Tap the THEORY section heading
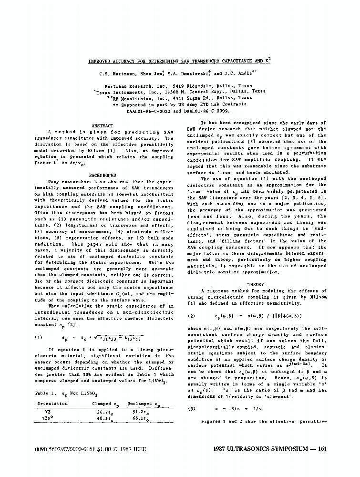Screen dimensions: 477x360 (x=255, y=284)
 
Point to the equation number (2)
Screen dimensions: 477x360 (x=192, y=316)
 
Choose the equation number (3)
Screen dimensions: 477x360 (x=192, y=409)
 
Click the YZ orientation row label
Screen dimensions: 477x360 (x=48, y=411)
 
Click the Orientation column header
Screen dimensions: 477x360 (x=53, y=404)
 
